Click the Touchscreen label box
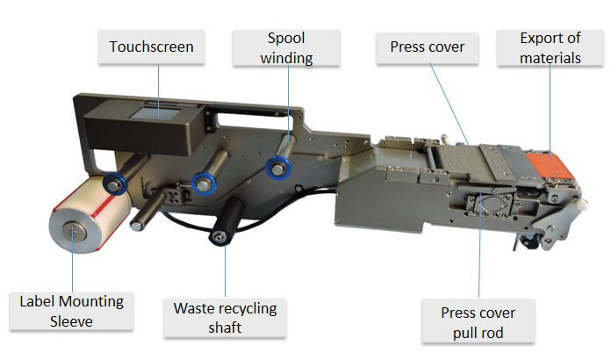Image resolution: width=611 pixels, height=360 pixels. [x=152, y=47]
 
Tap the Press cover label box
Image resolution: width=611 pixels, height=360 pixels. [x=427, y=47]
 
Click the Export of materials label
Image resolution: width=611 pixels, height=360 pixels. [x=550, y=48]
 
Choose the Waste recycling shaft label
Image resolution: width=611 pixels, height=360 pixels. [x=225, y=318]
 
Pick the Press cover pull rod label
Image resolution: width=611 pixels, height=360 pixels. [x=478, y=322]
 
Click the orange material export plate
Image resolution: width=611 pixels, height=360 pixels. [x=546, y=167]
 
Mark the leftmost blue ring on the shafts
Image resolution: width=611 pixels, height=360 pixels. [x=113, y=184]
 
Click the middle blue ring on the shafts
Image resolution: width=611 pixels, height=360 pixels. [x=205, y=182]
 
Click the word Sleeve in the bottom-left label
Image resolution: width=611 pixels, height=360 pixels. [x=72, y=321]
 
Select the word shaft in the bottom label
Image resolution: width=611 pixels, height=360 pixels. [x=225, y=328]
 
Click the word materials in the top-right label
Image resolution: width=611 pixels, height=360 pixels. [x=550, y=59]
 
